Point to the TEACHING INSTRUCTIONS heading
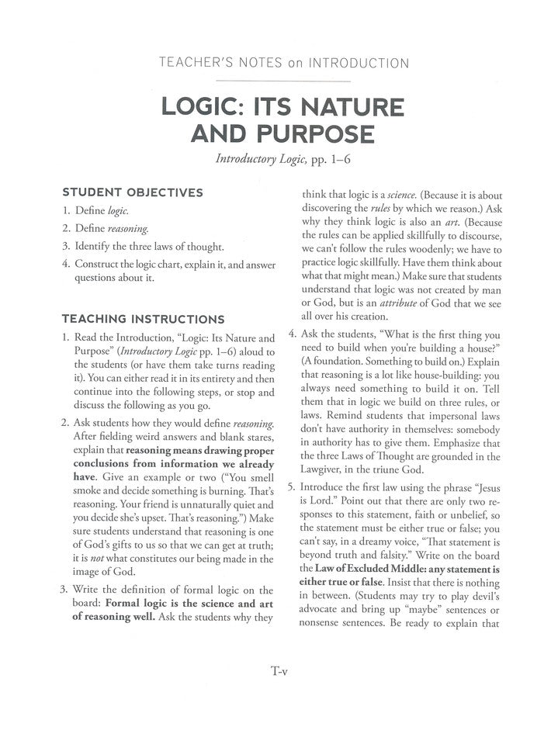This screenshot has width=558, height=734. click(144, 319)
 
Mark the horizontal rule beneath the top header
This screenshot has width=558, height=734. click(279, 79)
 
